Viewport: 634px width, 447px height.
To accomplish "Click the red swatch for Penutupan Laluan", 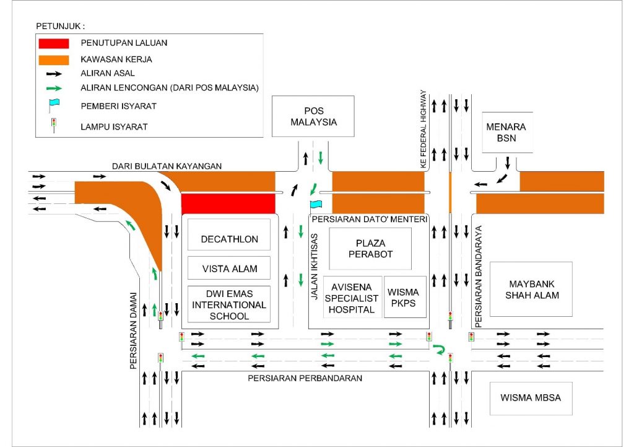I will (54, 43).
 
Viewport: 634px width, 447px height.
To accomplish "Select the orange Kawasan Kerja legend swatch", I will (54, 60).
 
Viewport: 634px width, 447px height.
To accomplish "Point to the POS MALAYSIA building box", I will (313, 116).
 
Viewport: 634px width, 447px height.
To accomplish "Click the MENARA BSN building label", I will (506, 132).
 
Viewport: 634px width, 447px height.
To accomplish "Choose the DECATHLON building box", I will (229, 239).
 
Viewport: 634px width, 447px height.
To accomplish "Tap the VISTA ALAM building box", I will (229, 268).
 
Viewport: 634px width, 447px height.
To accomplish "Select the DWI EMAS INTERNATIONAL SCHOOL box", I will (229, 304).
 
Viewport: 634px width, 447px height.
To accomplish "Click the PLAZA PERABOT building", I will (370, 249).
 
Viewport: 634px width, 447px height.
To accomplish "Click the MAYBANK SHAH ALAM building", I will (531, 289).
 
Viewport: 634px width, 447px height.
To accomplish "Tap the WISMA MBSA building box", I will (531, 397).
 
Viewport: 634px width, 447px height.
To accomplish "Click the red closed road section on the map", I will (227, 203).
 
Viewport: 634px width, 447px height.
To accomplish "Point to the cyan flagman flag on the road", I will (316, 204).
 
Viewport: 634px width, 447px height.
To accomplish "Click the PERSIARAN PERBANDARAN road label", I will (305, 378).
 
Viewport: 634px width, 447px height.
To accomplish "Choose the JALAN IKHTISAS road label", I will (315, 267).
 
